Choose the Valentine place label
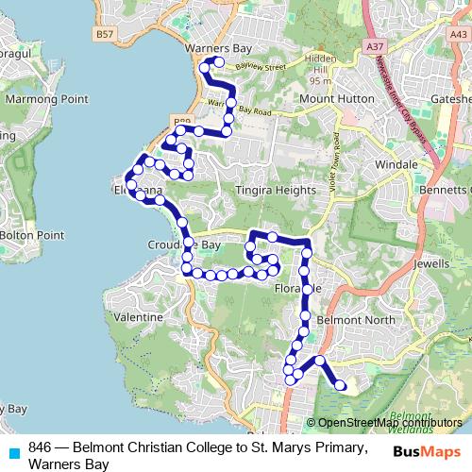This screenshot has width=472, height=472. [x=138, y=320]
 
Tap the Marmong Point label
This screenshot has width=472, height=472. [x=46, y=98]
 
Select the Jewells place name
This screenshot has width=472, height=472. [x=432, y=265]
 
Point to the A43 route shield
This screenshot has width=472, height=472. [x=459, y=33]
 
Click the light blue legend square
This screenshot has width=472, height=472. [x=11, y=451]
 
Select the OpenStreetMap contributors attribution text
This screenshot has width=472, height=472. [x=389, y=423]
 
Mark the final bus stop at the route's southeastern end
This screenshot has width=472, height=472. [x=341, y=386]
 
